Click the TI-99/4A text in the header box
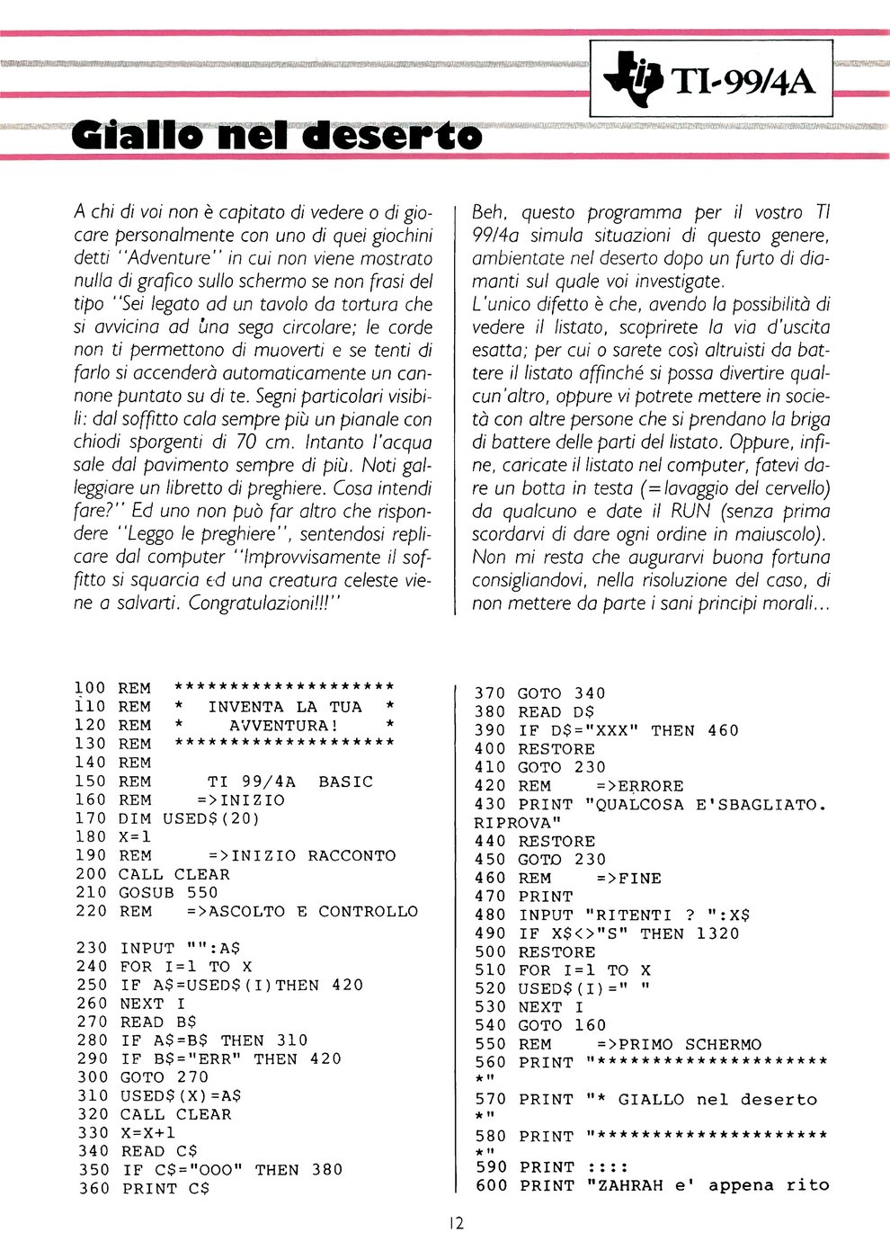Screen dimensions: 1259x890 point(743,82)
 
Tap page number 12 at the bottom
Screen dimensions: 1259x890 point(455,1222)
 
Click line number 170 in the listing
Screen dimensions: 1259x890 point(90,818)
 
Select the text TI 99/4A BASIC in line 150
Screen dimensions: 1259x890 point(289,781)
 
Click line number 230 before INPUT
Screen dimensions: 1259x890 point(90,948)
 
